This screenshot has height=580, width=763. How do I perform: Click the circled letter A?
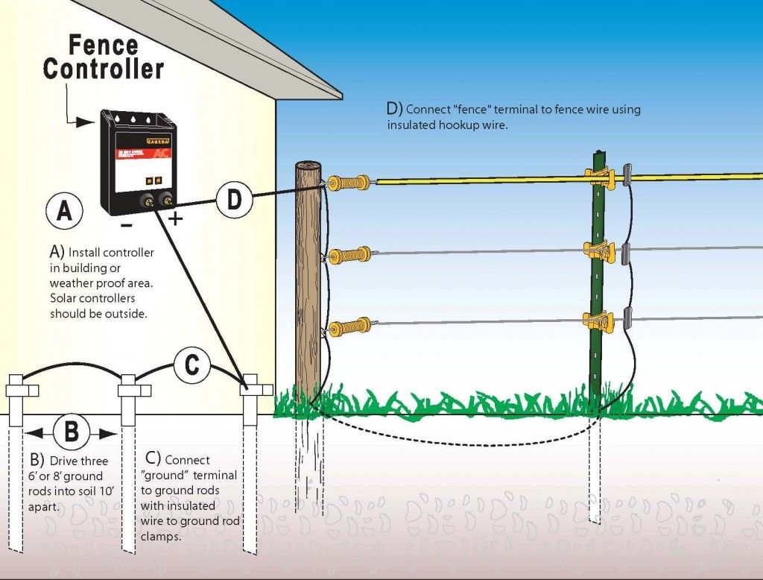pyautogui.click(x=65, y=212)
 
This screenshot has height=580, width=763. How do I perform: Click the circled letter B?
pyautogui.click(x=71, y=432)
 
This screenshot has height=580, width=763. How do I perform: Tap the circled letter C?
pyautogui.click(x=191, y=366)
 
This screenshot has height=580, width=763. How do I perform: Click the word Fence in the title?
pyautogui.click(x=103, y=45)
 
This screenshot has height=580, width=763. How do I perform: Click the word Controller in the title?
pyautogui.click(x=103, y=69)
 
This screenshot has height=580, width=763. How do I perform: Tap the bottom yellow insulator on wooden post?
pyautogui.click(x=348, y=326)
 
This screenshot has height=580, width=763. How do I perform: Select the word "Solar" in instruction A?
pyautogui.click(x=66, y=298)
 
